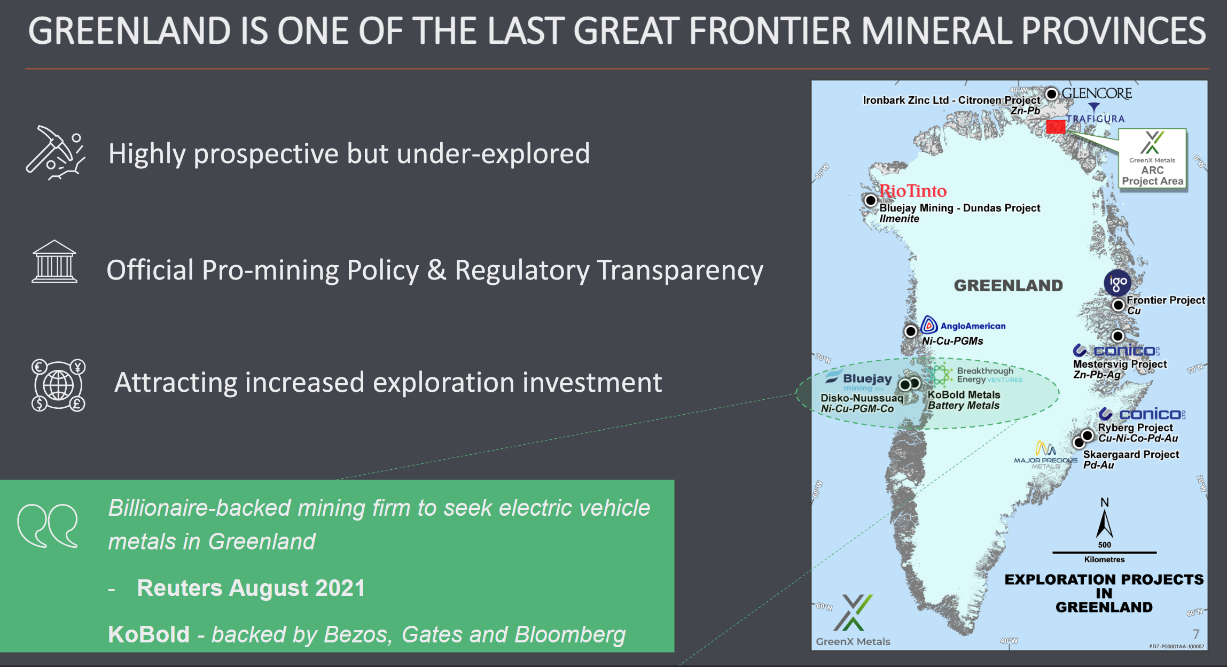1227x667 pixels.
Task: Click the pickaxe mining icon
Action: point(56,153)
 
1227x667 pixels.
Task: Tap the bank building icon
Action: point(54,261)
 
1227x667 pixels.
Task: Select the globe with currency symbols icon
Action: point(58,385)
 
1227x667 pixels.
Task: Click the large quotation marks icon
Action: point(48,526)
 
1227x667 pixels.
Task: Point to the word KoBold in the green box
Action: point(149,634)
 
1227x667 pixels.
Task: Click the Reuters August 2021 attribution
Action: point(251,588)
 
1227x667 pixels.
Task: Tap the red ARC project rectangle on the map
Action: point(1056,127)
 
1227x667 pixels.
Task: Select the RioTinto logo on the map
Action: point(913,191)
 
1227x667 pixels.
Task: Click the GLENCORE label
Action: point(1097,94)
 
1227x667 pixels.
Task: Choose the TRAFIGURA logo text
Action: point(1095,118)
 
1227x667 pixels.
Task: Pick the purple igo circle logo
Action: point(1117,282)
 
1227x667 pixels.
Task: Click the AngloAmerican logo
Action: point(963,325)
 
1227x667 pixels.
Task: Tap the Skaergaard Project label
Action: point(1131,454)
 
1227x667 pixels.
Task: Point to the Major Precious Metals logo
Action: point(1045,455)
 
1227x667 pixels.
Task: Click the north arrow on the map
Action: point(1104,523)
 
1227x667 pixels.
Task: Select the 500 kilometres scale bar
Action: point(1104,552)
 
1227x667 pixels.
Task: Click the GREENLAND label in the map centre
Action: point(1009,285)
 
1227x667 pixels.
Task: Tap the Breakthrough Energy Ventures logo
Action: point(975,375)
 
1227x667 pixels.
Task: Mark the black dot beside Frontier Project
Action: point(1118,305)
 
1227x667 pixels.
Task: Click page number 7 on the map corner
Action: point(1196,634)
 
